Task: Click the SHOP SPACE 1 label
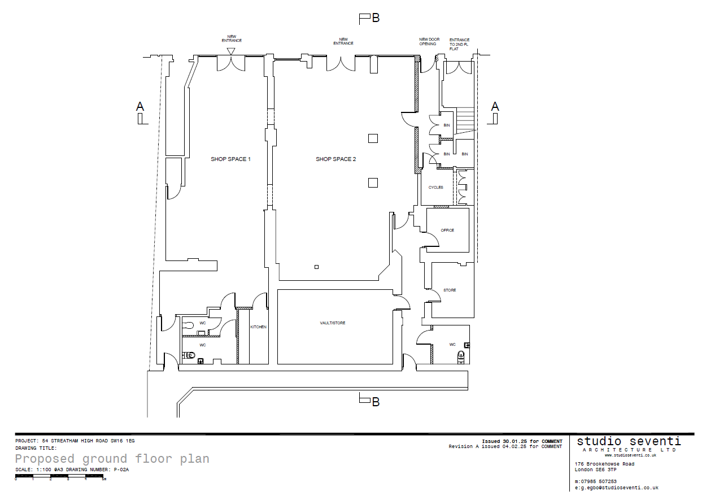(x=230, y=159)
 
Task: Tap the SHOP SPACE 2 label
(x=335, y=159)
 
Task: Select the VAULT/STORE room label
(x=333, y=323)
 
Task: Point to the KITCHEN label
(x=259, y=327)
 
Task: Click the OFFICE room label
(x=447, y=231)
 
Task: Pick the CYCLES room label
(x=435, y=188)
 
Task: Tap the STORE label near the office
(x=450, y=290)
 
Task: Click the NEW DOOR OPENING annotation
(x=429, y=42)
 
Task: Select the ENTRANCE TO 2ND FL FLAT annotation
(x=459, y=45)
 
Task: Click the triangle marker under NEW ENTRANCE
(x=231, y=51)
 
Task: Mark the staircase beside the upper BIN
(x=465, y=120)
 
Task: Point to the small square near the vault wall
(x=316, y=267)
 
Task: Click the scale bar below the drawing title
(x=59, y=476)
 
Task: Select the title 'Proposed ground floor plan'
(x=112, y=459)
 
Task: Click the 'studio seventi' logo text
(x=629, y=441)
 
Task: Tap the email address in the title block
(x=617, y=488)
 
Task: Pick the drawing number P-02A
(x=121, y=470)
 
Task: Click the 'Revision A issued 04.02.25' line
(x=505, y=446)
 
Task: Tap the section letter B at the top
(x=376, y=18)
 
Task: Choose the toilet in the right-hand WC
(x=461, y=357)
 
